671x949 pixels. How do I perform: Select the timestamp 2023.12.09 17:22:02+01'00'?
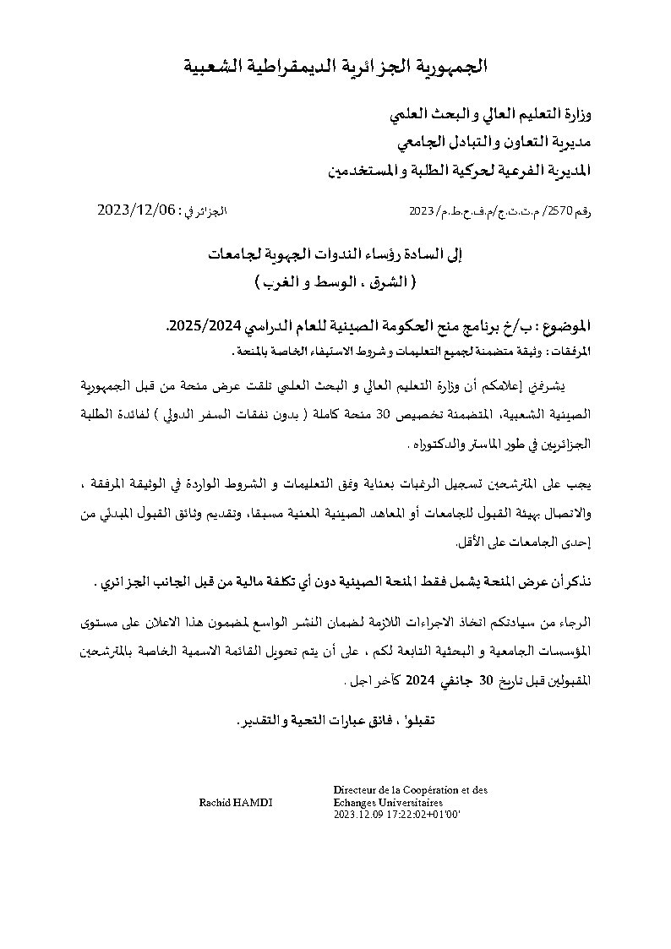392,815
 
